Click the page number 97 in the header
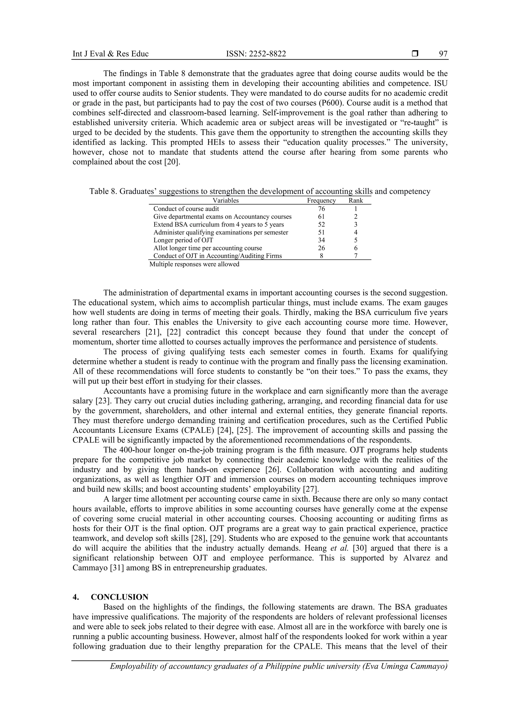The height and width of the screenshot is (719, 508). (443, 54)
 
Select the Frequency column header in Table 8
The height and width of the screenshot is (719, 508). (321, 201)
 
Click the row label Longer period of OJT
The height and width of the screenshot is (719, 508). (183, 240)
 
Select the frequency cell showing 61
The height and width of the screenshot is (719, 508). (321, 217)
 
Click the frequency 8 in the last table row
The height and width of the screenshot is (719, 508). (321, 256)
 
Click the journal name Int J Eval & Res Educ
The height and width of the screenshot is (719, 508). (110, 54)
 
